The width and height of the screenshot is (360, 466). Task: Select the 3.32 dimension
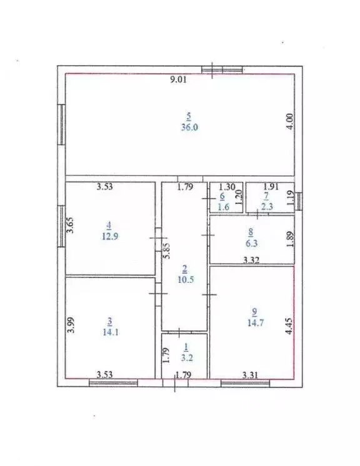[251, 260]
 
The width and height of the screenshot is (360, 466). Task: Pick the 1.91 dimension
[270, 186]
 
